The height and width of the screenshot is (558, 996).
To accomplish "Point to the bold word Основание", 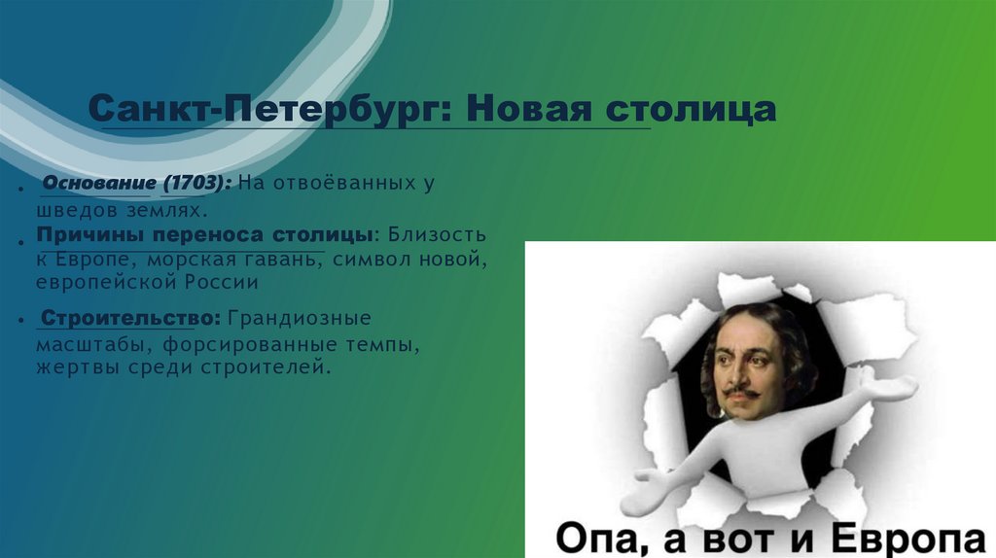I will [97, 184].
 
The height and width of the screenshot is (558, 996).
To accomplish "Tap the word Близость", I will [434, 236].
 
